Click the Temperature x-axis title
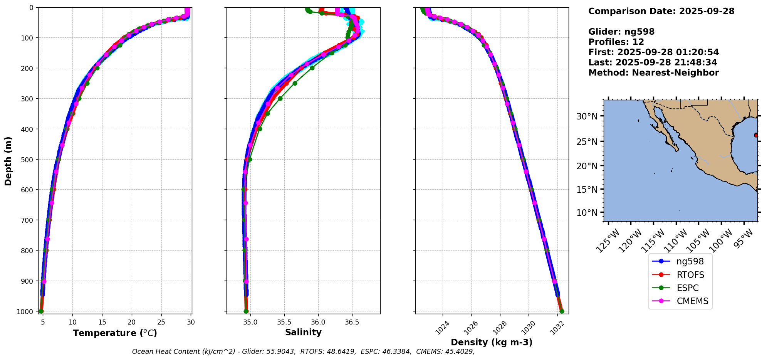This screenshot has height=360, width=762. click(x=115, y=333)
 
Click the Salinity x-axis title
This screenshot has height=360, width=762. click(x=303, y=332)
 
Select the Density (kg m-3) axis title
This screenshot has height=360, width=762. click(x=492, y=342)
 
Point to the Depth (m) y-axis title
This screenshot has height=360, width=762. click(x=8, y=161)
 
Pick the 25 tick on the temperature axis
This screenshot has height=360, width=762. click(x=161, y=322)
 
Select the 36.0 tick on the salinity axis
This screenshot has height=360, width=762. click(x=318, y=322)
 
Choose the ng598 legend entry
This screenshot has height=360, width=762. click(x=690, y=261)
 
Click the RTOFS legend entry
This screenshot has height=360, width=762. click(x=690, y=275)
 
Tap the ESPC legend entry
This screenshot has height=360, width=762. click(x=687, y=288)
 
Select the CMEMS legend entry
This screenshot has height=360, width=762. click(x=692, y=301)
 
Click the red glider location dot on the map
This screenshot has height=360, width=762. click(x=756, y=135)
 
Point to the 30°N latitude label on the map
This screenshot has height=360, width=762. click(x=587, y=116)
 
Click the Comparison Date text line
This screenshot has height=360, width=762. click(x=661, y=11)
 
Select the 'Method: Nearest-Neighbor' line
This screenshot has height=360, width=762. click(x=653, y=73)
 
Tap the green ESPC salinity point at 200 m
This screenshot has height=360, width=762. click(x=312, y=68)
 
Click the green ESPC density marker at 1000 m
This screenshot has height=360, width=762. click(x=562, y=311)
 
